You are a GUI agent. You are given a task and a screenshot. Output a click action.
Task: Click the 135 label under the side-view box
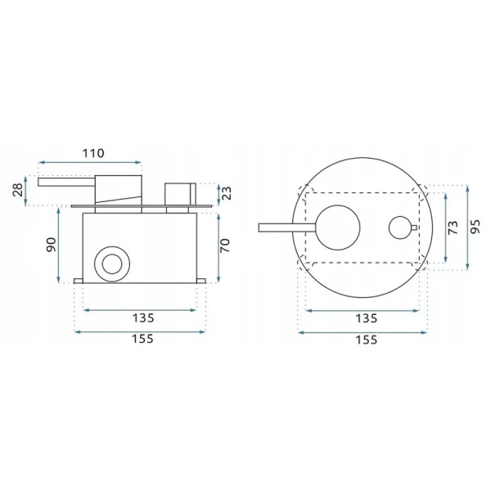(x=141, y=318)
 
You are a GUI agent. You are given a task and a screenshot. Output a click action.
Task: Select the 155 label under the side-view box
(x=141, y=338)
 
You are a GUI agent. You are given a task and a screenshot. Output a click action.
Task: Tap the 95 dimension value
(x=476, y=227)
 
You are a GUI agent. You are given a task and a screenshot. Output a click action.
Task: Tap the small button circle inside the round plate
(x=399, y=227)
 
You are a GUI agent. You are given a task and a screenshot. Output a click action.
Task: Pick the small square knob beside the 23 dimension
(x=177, y=194)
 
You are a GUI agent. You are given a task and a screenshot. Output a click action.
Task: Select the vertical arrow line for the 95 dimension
(x=466, y=227)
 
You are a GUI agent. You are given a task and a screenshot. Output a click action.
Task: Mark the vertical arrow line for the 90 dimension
(x=58, y=245)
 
